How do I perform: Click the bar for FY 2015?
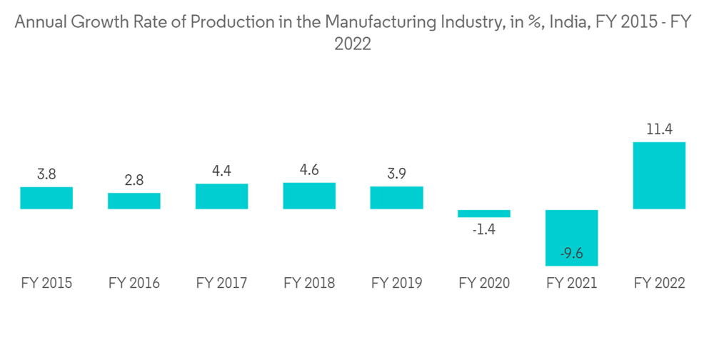[x=46, y=198]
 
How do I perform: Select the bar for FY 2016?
[x=134, y=201]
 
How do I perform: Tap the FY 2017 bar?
[x=221, y=196]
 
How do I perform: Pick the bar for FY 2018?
[x=309, y=196]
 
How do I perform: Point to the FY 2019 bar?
[x=396, y=198]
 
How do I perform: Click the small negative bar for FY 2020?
[x=484, y=213]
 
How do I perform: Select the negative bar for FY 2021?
[x=571, y=238]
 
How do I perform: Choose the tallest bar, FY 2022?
[x=659, y=176]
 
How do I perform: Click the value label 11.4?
[x=659, y=129]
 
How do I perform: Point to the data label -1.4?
[x=484, y=229]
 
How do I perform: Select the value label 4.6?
[x=309, y=171]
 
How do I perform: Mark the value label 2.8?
[x=134, y=181]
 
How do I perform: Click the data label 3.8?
[x=46, y=174]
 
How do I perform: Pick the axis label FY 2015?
[x=46, y=284]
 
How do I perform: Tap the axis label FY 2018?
[x=309, y=284]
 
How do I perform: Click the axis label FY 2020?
[x=484, y=284]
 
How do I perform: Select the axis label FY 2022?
[x=659, y=284]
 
